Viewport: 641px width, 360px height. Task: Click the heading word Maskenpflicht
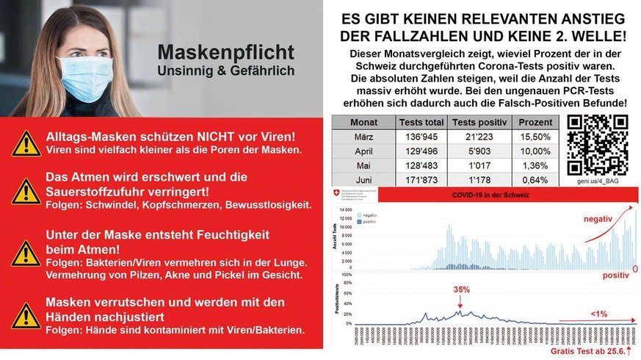pos(226,53)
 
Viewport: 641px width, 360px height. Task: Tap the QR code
pos(597,145)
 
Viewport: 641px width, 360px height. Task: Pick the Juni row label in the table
pos(364,180)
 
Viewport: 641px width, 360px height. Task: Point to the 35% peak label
pos(461,289)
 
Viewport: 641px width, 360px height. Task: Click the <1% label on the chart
pos(598,314)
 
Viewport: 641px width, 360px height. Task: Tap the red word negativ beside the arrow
pos(598,219)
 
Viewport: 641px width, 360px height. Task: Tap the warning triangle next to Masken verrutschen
pos(27,315)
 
